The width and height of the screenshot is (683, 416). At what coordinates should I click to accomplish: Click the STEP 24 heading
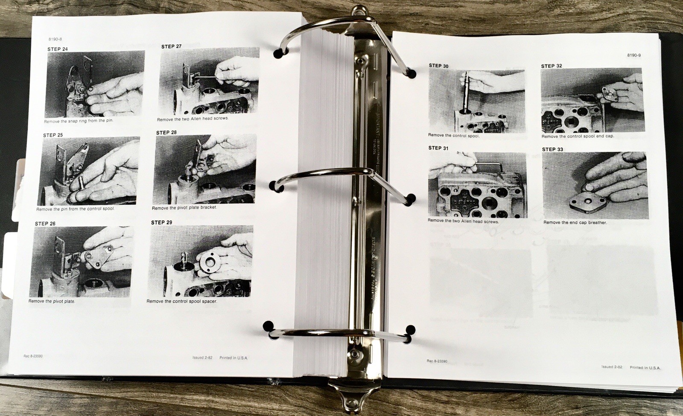(x=57, y=49)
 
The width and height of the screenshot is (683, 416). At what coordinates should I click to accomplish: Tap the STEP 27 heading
(x=171, y=47)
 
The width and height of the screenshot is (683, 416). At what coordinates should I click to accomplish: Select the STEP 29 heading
(x=161, y=222)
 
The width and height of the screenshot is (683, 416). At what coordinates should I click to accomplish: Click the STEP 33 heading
(x=552, y=149)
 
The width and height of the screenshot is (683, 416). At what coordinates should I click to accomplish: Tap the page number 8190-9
(x=634, y=55)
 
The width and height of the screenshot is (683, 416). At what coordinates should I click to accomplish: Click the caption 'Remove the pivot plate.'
(x=52, y=301)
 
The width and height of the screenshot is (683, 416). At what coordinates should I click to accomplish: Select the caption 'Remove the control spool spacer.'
(x=182, y=301)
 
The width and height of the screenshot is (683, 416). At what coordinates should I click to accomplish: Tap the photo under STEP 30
(x=476, y=101)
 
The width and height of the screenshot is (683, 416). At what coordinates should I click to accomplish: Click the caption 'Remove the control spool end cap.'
(x=578, y=137)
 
